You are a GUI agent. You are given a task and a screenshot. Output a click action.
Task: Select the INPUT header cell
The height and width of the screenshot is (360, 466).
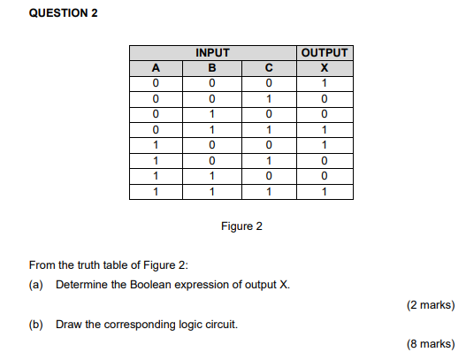click(211, 53)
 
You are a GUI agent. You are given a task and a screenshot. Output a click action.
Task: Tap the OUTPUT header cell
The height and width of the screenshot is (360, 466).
click(325, 53)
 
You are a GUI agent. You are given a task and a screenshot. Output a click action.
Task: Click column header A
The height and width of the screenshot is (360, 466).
click(155, 68)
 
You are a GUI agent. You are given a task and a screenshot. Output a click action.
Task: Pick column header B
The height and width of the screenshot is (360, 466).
click(211, 68)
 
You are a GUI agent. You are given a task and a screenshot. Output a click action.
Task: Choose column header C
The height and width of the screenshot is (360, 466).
click(268, 68)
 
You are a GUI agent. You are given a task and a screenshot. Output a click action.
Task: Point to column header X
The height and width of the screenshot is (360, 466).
click(325, 68)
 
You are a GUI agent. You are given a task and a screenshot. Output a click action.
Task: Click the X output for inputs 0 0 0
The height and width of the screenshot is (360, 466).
click(325, 84)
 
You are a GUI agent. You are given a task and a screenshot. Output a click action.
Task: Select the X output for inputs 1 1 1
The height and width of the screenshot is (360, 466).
click(325, 192)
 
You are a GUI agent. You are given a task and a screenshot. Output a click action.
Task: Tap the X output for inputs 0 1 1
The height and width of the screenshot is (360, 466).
click(325, 130)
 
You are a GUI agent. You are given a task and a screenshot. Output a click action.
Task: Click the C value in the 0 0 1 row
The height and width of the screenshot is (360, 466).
click(268, 99)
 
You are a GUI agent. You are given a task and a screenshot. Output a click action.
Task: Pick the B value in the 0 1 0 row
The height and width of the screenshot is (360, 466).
click(211, 115)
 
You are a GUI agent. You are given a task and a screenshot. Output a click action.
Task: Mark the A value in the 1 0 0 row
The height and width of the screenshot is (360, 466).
click(155, 146)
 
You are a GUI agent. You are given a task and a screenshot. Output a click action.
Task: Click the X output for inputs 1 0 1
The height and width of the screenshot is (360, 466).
click(325, 161)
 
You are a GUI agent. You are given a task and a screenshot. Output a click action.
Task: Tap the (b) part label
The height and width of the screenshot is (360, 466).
click(36, 325)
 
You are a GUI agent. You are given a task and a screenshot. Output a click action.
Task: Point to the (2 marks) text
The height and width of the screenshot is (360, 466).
click(431, 305)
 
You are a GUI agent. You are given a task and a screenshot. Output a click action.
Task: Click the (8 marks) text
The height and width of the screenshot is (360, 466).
click(431, 345)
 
